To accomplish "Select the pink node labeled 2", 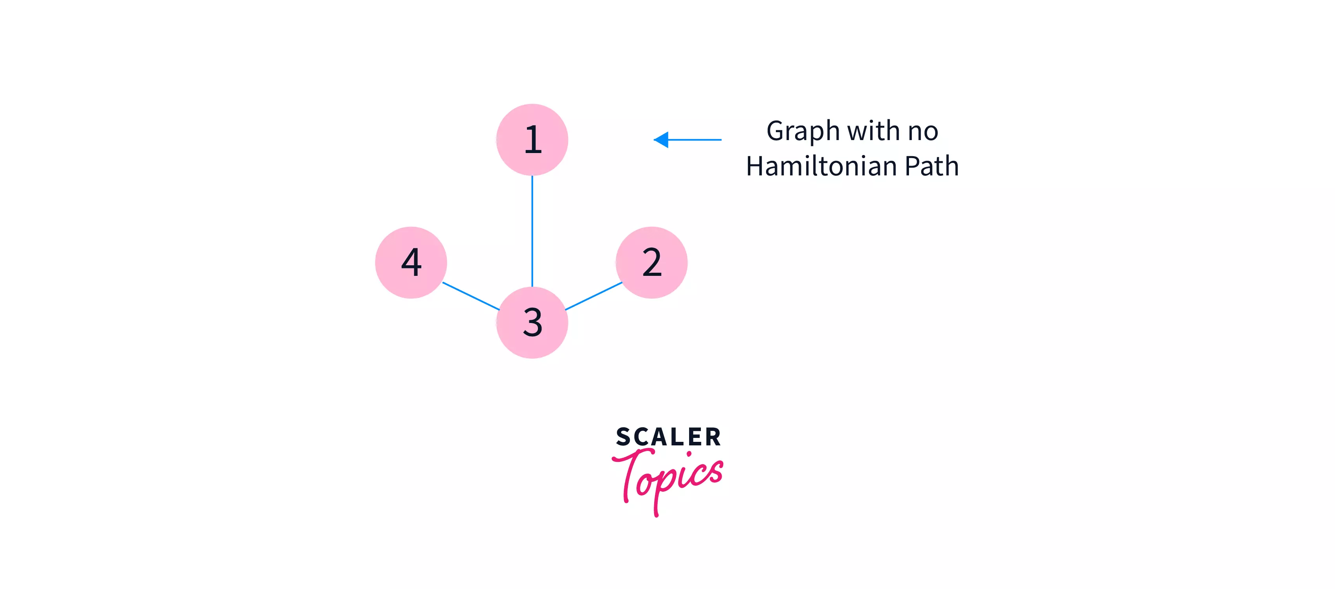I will coord(651,262).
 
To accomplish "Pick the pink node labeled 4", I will coord(411,262).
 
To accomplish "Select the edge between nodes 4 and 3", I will coord(470,296).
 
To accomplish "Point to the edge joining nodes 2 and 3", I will coord(593,296).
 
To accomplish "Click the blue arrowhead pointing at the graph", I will coord(661,139).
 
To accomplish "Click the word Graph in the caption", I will coord(803,131).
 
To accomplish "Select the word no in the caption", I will coord(923,131).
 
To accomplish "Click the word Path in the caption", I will coord(932,166).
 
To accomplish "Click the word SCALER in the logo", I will coord(668,437).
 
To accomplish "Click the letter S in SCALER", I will coord(624,437).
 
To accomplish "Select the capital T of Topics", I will coord(632,469).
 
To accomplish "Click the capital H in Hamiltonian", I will coord(757,166).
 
